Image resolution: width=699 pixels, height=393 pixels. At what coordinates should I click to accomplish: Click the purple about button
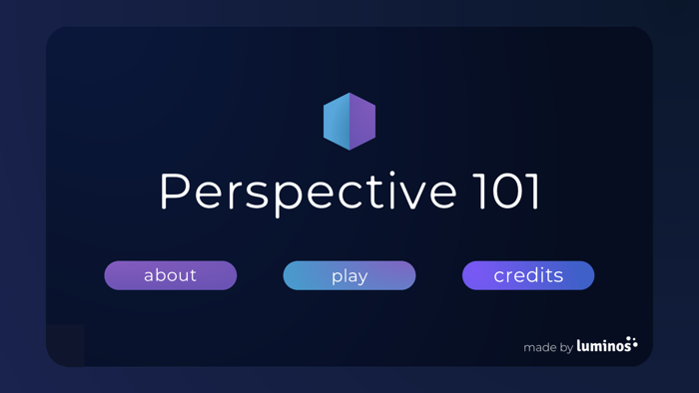point(170,275)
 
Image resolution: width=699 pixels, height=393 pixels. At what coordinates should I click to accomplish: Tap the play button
point(349,275)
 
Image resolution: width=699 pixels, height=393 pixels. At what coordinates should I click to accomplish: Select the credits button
point(528,275)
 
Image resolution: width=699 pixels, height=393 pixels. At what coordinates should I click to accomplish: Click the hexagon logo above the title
point(349,122)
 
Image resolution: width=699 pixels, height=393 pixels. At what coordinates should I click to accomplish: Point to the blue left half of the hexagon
point(337,122)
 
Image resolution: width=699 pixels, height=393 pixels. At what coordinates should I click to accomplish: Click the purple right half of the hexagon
point(362,122)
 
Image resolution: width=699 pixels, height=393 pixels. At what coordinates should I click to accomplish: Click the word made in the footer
point(540,348)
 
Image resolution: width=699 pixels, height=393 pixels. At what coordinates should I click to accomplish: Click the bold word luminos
point(603,346)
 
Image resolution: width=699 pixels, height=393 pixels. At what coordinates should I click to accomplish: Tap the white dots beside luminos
point(633,343)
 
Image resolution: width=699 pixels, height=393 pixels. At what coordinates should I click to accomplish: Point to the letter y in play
point(363,278)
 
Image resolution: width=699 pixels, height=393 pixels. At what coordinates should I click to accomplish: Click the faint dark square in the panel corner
point(65,344)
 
